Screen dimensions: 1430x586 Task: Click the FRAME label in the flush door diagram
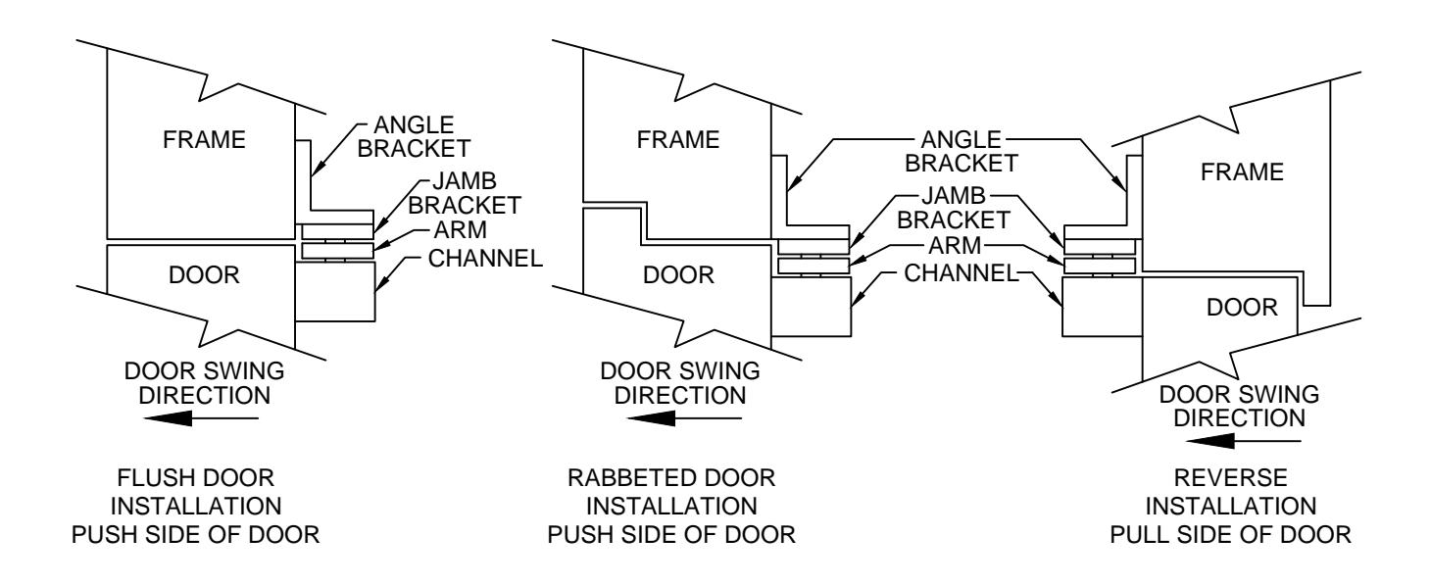coord(204,140)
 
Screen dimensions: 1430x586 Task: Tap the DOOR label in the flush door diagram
coord(204,275)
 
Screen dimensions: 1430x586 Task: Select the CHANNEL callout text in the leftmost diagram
coord(485,259)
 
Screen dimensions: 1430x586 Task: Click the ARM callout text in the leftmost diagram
coord(461,230)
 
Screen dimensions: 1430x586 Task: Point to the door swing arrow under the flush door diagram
coord(201,418)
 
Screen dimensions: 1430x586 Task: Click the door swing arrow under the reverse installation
coord(1243,441)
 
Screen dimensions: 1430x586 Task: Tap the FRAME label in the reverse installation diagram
coord(1243,172)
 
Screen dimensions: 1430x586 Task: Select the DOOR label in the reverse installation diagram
coord(1243,308)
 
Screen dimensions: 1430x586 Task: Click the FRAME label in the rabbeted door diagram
coord(678,140)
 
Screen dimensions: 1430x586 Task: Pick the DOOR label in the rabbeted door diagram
coord(678,275)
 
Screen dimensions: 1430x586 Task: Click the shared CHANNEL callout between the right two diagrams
coord(962,273)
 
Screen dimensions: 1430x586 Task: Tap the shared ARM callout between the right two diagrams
coord(955,246)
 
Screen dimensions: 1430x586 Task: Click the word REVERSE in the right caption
coord(1231,478)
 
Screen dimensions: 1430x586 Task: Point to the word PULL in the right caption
coord(1140,535)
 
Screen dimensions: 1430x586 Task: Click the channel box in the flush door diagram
coord(335,292)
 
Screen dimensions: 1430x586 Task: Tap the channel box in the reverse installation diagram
coord(1103,307)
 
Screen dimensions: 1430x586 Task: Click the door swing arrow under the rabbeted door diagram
coord(684,418)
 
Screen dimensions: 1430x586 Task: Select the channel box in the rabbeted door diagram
coord(811,307)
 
